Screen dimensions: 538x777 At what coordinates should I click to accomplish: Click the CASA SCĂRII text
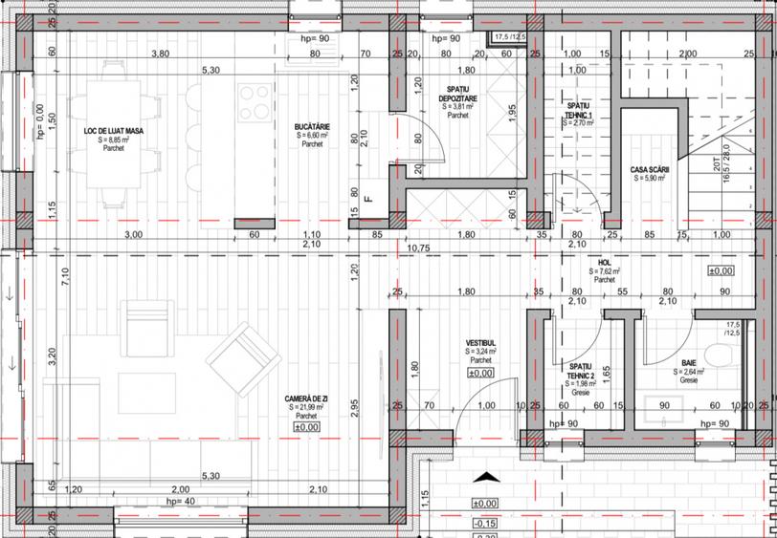pyautogui.click(x=650, y=170)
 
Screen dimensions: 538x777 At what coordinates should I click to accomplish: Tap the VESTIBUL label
pyautogui.click(x=479, y=342)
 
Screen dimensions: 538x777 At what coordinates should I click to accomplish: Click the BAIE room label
pyautogui.click(x=689, y=363)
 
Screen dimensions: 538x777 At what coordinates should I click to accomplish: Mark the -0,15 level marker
pyautogui.click(x=484, y=524)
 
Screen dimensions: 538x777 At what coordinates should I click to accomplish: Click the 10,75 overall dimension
pyautogui.click(x=419, y=248)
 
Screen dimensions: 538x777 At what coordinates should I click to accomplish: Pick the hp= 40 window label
pyautogui.click(x=179, y=502)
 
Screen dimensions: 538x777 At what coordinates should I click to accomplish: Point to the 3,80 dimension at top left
pyautogui.click(x=161, y=54)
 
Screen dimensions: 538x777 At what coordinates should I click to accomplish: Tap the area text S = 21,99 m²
pyautogui.click(x=306, y=407)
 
